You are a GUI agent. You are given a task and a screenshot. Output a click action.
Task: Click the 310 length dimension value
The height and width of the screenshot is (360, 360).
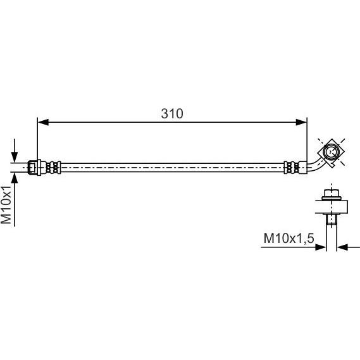(172, 114)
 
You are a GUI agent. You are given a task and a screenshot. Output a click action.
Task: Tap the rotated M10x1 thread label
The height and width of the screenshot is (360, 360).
(6, 205)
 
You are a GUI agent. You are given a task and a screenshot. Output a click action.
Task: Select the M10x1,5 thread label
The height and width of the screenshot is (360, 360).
(289, 238)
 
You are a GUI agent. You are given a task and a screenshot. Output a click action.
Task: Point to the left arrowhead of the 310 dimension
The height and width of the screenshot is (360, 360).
(43, 122)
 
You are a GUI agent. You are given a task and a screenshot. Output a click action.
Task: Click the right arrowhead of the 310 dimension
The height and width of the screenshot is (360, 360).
(301, 122)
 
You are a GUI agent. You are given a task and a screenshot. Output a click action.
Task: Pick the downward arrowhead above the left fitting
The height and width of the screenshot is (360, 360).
(15, 157)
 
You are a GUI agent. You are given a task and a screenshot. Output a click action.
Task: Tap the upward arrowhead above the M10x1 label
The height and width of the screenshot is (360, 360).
(15, 178)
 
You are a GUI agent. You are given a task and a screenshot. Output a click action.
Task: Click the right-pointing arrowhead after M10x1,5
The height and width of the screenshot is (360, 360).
(321, 247)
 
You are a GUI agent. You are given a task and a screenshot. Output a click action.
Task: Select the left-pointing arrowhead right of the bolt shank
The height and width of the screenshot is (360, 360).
(342, 247)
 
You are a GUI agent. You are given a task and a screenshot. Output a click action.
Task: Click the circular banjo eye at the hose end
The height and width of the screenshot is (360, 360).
(331, 152)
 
